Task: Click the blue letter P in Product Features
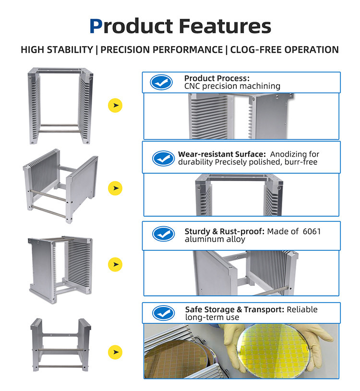[96, 26]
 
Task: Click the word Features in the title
[225, 26]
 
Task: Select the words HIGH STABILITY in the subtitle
[57, 49]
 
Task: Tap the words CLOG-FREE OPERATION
[284, 49]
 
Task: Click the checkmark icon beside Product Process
[161, 82]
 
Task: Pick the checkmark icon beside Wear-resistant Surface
[163, 159]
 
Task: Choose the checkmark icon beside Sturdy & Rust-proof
[163, 234]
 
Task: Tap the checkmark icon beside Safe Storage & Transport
[163, 313]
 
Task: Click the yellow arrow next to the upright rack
[115, 106]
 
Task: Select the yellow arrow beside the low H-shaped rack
[115, 352]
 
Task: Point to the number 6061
[312, 232]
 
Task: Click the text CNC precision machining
[232, 86]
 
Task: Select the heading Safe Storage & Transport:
[235, 309]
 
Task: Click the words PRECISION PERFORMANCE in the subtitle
[161, 49]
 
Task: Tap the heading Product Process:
[217, 78]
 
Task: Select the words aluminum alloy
[215, 239]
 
